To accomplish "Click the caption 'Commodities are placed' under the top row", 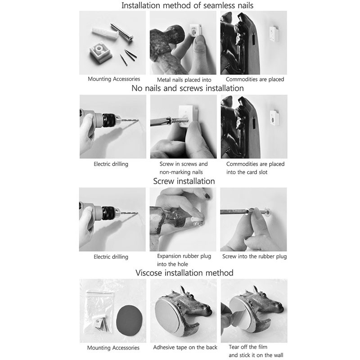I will pyautogui.click(x=255, y=79).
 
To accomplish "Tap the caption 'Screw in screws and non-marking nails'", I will pyautogui.click(x=184, y=168).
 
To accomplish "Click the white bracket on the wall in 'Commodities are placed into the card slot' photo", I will pyautogui.click(x=274, y=117).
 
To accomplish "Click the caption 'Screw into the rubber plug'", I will pyautogui.click(x=254, y=256).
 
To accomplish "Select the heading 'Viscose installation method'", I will pyautogui.click(x=184, y=273).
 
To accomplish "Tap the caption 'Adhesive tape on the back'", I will pyautogui.click(x=185, y=347).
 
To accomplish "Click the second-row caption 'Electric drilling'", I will pyautogui.click(x=111, y=164).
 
